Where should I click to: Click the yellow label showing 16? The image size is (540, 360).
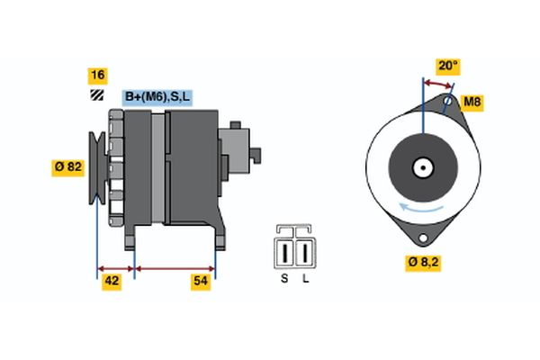pos(96,75)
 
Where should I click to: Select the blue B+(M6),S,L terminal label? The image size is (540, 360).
pos(157,97)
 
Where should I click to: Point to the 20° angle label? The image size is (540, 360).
pos(447,66)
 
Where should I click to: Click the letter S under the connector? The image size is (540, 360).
pos(284,278)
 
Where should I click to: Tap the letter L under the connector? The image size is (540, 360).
pos(305,278)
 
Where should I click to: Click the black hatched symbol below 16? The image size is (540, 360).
pos(95,94)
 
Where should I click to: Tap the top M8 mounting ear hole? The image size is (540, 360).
pos(447,102)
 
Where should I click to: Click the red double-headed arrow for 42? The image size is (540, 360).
pos(115,268)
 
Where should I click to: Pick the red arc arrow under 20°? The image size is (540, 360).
pos(437,83)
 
